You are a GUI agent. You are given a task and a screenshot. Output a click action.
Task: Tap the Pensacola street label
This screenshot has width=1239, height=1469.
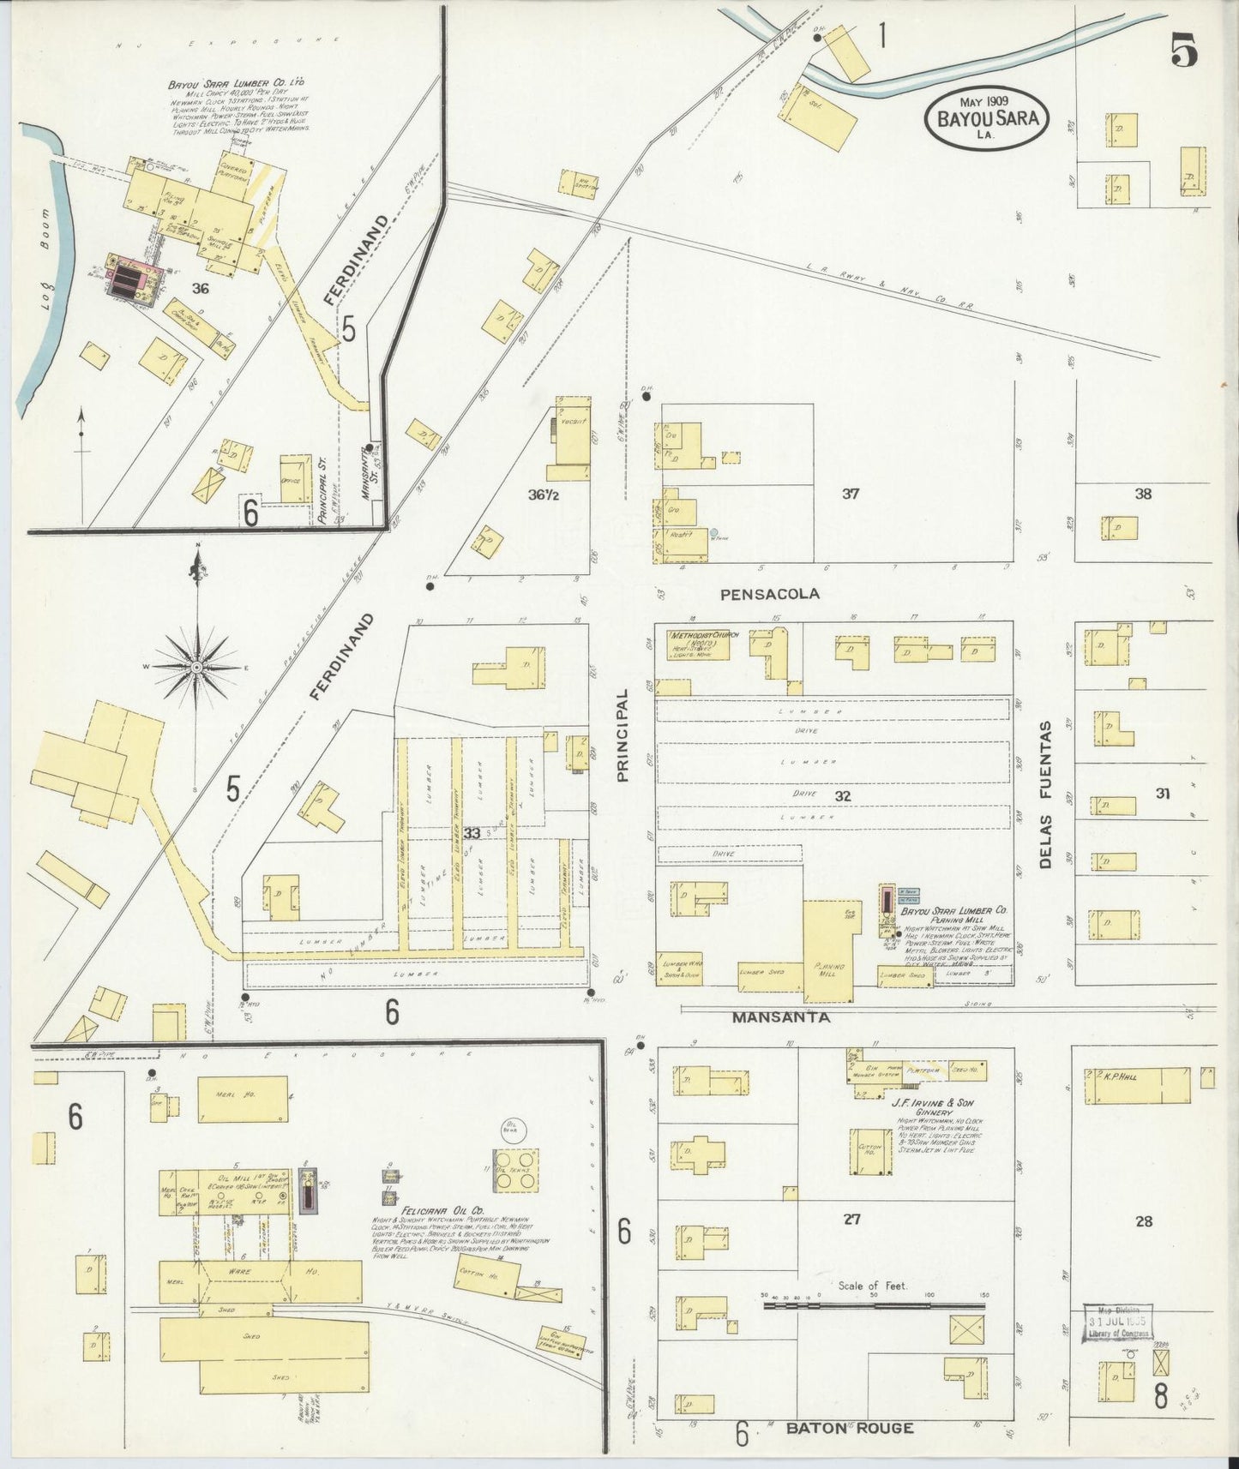coord(770,593)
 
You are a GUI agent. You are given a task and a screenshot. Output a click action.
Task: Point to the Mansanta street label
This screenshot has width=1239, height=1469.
coord(780,1017)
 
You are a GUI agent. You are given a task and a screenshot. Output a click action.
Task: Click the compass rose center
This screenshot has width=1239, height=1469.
coord(197,666)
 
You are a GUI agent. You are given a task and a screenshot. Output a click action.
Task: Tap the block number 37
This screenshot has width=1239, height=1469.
coord(850,494)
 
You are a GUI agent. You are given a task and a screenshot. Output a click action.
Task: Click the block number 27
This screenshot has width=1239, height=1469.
coord(851,1220)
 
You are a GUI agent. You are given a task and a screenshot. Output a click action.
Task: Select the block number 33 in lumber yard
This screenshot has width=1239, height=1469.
coord(471,832)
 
